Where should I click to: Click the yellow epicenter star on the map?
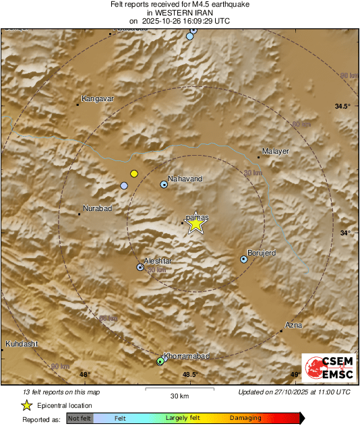coord(196,224)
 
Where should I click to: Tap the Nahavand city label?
coord(185,179)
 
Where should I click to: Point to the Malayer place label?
coord(276,152)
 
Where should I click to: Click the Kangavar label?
coord(98,99)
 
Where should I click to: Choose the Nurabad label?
coord(96,208)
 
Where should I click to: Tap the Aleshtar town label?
coord(158,261)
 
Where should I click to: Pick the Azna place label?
coord(294,325)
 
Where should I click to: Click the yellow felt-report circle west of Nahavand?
coord(134,173)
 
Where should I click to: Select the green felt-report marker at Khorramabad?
coord(160,361)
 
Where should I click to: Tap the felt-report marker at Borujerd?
coord(244,260)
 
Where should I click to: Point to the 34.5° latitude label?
coord(343,106)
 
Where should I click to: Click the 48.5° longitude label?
coord(190,375)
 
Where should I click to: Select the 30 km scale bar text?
coord(179,395)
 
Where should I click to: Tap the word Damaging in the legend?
coord(245,418)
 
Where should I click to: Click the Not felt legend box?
coord(80,418)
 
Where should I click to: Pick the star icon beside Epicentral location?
coord(26,405)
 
